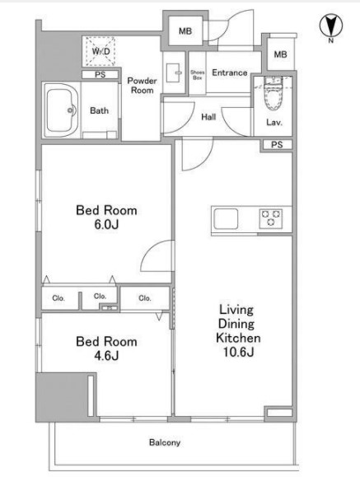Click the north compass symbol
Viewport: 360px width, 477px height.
tap(331, 26)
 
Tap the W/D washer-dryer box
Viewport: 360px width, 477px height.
tap(101, 51)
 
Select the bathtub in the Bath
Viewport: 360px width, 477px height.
tap(61, 110)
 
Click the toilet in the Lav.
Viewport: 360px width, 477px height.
tap(273, 93)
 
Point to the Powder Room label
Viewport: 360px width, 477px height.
tap(142, 86)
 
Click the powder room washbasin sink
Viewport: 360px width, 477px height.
tap(174, 72)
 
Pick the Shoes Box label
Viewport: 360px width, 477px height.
tap(197, 75)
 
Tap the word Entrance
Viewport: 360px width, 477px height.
tap(230, 72)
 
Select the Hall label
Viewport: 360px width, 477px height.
tap(208, 117)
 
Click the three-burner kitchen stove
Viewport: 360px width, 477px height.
tap(270, 218)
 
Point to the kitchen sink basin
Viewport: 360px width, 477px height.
tap(226, 218)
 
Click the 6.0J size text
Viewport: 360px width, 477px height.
tap(106, 225)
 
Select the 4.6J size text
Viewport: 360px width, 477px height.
tap(106, 355)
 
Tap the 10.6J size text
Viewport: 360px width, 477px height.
tap(238, 352)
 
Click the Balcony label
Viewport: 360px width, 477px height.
tap(164, 442)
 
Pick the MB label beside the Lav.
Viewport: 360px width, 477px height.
tap(280, 54)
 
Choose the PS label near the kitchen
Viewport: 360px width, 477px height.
tap(277, 145)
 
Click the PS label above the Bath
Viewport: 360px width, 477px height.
tap(101, 74)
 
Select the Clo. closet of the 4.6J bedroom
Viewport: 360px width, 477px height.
tap(145, 298)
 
